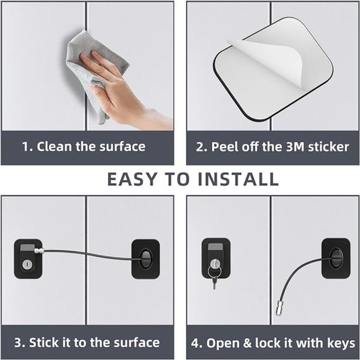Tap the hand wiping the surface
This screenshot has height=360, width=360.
tap(115, 87)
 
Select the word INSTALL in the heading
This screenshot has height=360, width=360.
tap(239, 179)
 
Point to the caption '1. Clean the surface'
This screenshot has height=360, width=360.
tap(84, 147)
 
